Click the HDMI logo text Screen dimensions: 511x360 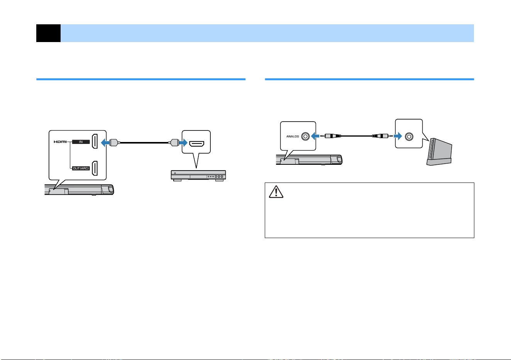click(60, 142)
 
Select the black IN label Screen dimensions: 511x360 click(81, 142)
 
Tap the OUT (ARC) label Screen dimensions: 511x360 click(81, 168)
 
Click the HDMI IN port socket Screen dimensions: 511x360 click(95, 142)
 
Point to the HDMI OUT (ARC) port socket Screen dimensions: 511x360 click(95, 168)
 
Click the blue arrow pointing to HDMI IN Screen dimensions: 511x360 click(105, 143)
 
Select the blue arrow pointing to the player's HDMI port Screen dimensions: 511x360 click(183, 143)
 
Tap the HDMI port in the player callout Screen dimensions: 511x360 click(196, 144)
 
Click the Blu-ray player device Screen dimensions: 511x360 click(198, 176)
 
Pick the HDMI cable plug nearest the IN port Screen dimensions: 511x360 click(114, 143)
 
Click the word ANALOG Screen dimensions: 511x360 click(293, 137)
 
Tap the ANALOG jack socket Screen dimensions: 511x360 click(305, 137)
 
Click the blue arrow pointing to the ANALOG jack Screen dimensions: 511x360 click(315, 136)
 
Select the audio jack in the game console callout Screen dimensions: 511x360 click(409, 137)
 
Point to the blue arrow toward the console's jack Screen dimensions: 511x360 click(398, 136)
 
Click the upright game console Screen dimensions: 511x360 click(439, 152)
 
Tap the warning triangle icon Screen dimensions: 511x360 click(276, 192)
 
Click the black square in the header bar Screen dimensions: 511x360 click(48, 33)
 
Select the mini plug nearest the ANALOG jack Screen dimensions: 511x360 click(330, 136)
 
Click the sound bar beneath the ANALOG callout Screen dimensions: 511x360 click(309, 160)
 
